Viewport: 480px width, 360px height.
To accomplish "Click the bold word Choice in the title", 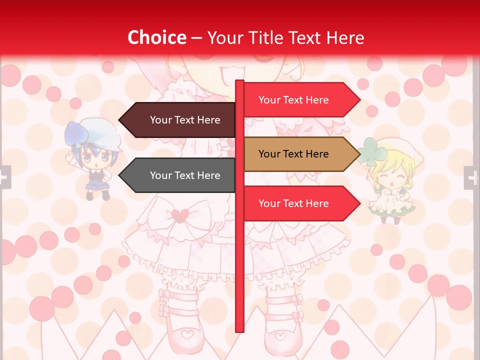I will click(x=156, y=37).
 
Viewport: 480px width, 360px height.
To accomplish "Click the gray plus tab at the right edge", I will click(x=471, y=177).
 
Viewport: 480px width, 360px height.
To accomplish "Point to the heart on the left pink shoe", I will click(x=187, y=333).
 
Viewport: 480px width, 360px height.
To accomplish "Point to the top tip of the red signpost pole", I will click(x=239, y=82).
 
